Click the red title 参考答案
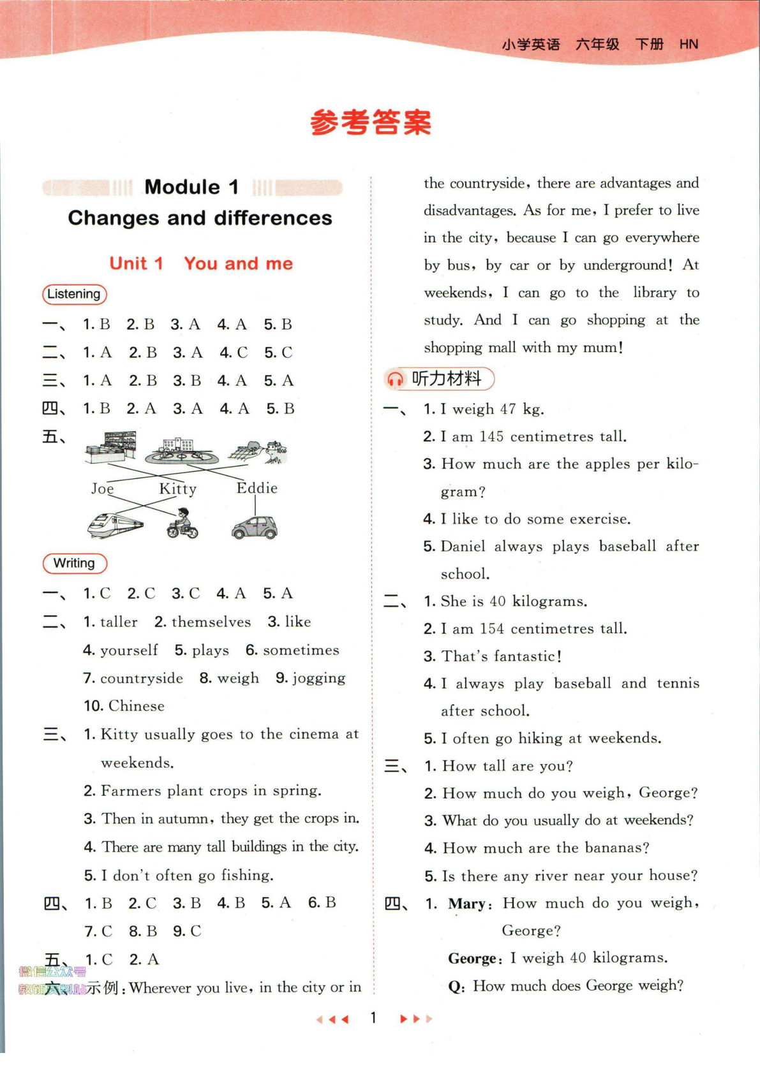371,122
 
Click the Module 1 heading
191,187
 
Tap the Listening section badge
74,294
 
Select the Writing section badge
74,563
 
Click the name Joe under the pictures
102,489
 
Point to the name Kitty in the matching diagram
178,489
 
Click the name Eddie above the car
257,488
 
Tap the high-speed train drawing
115,525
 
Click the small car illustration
255,527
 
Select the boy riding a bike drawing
183,524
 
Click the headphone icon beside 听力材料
395,379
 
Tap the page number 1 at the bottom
374,1018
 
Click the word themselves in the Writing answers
211,622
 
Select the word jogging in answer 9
319,678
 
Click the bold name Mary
466,903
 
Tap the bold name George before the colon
472,958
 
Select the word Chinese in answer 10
137,706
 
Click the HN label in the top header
689,45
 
